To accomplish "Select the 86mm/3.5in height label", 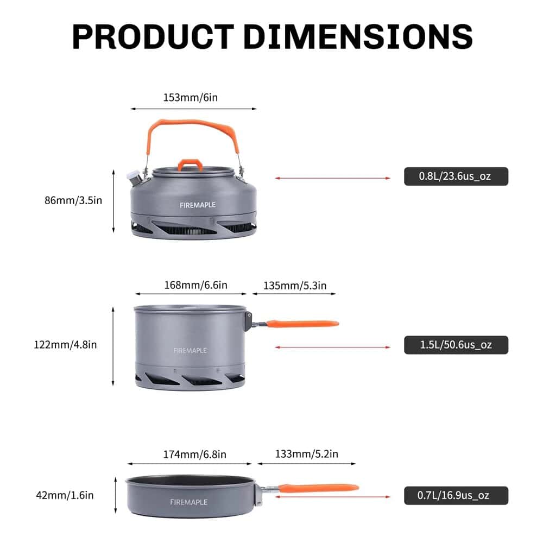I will tap(73, 200).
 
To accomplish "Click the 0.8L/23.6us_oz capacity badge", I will tap(456, 176).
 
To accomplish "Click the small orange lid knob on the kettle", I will tap(191, 164).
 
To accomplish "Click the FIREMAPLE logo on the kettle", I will tap(198, 205).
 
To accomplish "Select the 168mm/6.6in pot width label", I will tap(195, 285).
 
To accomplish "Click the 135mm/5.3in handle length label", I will tap(295, 285).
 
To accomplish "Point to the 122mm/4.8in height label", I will tap(65, 344).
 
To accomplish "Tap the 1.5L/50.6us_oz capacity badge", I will tap(456, 345).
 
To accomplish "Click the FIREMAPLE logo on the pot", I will tap(190, 350).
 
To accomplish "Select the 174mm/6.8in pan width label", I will tap(194, 454).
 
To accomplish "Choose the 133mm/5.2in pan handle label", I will tap(306, 454).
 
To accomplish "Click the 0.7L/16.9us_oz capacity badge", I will tap(456, 495).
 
